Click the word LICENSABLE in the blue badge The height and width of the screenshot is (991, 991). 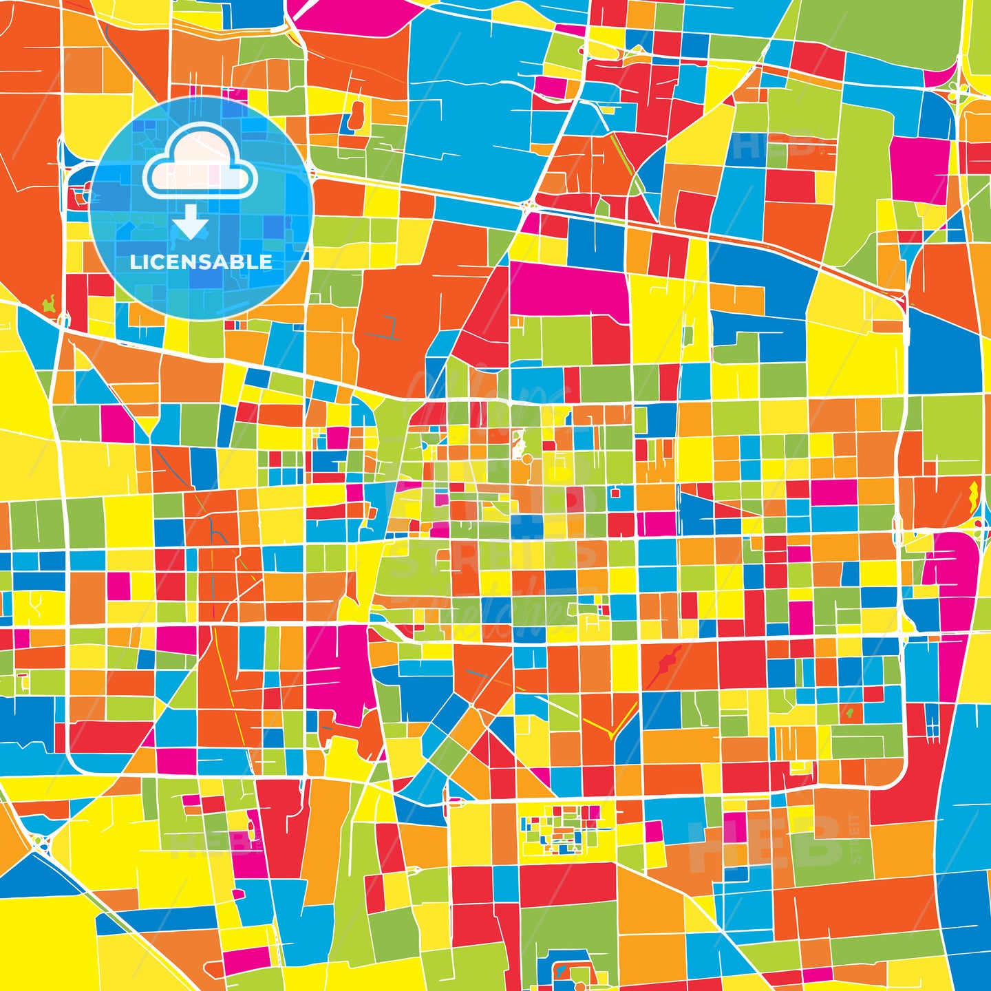[x=201, y=262]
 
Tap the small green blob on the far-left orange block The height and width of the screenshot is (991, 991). [x=49, y=302]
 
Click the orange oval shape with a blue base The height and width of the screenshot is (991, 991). [x=356, y=116]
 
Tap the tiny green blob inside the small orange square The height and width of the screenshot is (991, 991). [x=850, y=712]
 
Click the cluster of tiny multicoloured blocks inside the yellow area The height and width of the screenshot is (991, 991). [x=561, y=829]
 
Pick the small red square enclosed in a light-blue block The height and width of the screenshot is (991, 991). [x=615, y=493]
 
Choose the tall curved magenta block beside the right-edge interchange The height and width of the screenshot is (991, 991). [x=953, y=585]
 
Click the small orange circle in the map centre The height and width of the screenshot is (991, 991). [x=526, y=458]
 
